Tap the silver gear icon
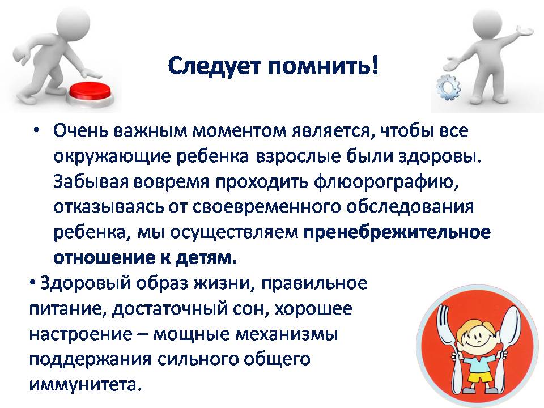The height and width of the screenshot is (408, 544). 449,87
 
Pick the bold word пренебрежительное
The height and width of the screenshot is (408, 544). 397,232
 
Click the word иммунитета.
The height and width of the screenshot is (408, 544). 86,384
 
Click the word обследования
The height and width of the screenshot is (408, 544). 410,207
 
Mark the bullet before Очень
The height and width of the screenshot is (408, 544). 36,131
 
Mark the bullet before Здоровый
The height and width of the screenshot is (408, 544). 32,284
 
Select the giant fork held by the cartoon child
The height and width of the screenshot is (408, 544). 448,347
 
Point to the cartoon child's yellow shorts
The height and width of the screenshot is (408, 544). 477,376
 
